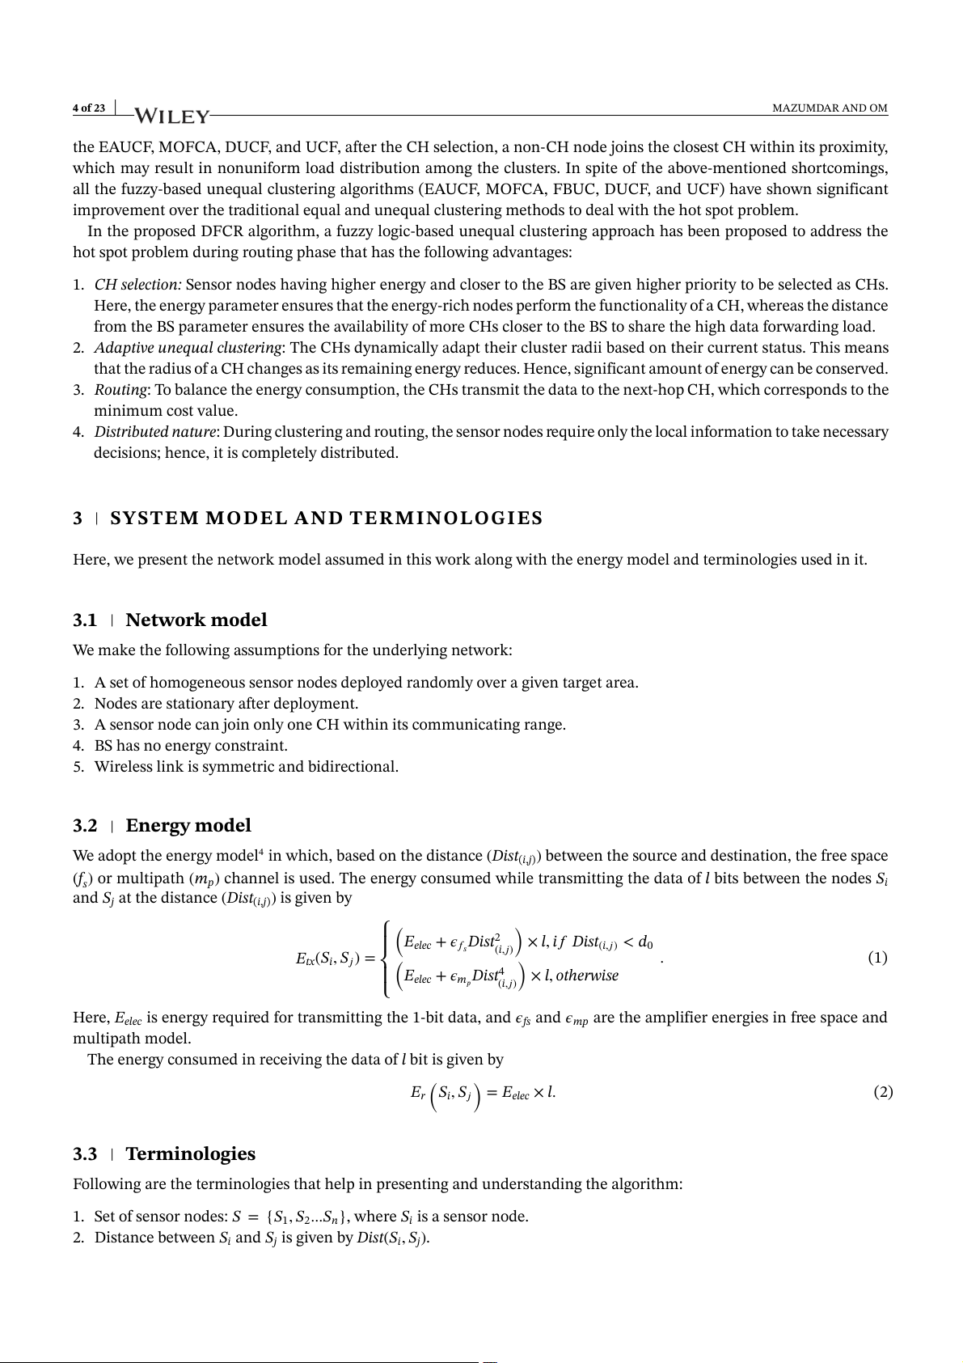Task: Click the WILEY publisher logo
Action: [171, 116]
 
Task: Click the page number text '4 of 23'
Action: [89, 108]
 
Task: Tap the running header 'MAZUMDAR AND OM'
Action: [830, 108]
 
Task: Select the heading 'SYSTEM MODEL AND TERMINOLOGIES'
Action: [326, 519]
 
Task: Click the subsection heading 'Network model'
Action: [196, 620]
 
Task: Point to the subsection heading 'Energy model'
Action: [188, 826]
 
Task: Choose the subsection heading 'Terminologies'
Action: [190, 1154]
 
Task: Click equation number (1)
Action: [877, 959]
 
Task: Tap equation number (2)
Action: [883, 1093]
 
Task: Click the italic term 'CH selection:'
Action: [137, 285]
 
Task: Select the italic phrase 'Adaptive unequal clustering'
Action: [188, 348]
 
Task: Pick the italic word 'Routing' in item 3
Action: [120, 390]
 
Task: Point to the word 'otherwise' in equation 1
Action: [587, 976]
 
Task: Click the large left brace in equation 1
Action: [386, 959]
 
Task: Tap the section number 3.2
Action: [85, 826]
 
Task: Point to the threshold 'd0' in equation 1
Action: [645, 942]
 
